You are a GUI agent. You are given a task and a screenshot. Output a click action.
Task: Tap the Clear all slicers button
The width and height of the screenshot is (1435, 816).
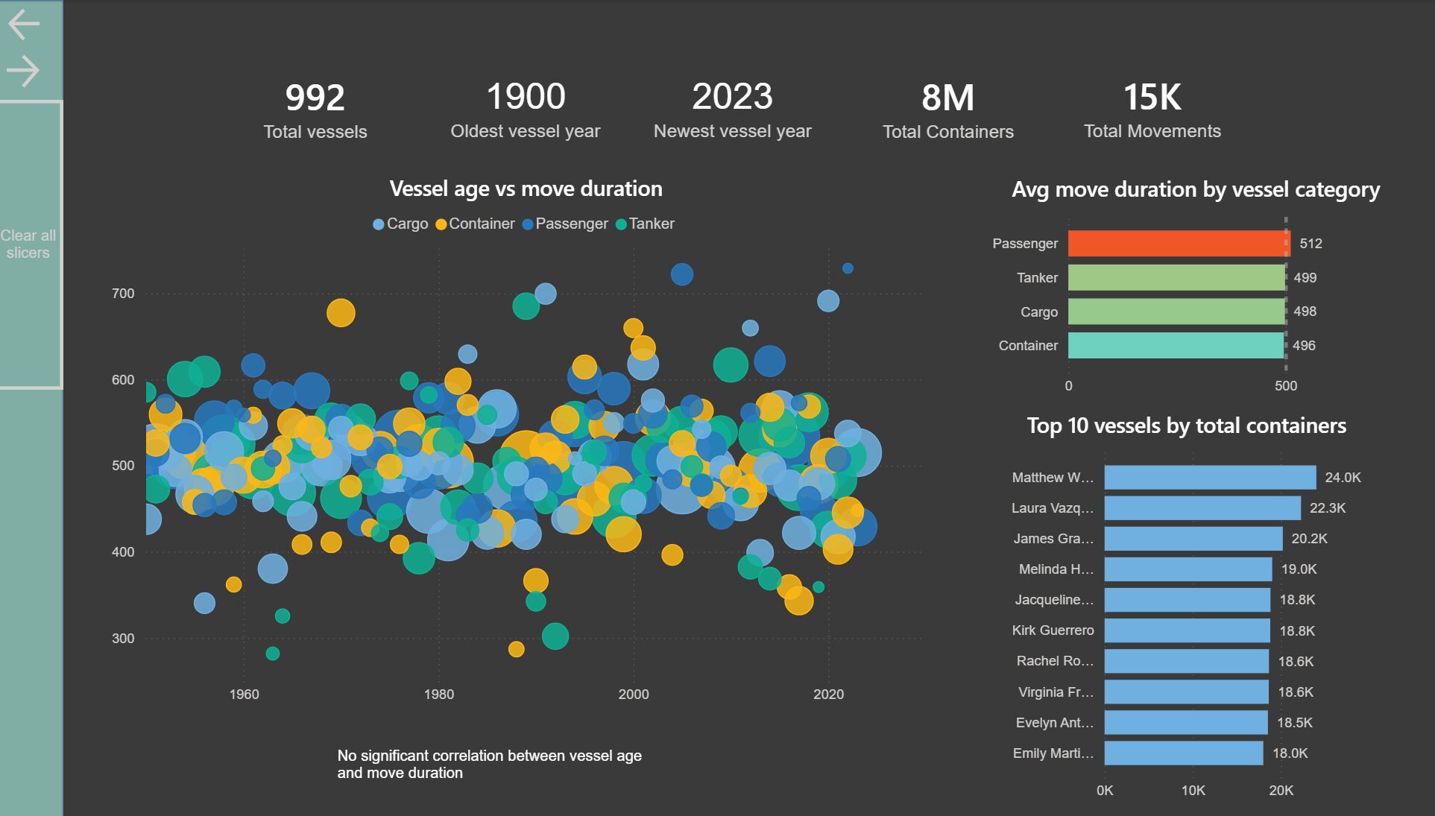coord(28,244)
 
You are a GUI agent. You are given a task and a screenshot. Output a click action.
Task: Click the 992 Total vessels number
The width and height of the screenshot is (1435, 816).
coord(315,98)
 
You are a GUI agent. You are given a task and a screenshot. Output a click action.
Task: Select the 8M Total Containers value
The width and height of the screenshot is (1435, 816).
coord(947,98)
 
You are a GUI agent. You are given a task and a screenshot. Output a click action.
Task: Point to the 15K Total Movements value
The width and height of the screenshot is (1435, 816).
coord(1152,98)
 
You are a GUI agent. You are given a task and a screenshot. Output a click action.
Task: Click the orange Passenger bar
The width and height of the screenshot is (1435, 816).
coord(1178,244)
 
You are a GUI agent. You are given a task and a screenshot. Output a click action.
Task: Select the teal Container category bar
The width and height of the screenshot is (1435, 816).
coord(1176,346)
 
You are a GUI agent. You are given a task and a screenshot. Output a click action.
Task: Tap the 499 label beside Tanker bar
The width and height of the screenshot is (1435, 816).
coord(1305,278)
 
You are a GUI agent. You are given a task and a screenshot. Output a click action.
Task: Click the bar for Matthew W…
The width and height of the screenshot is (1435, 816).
coord(1210,478)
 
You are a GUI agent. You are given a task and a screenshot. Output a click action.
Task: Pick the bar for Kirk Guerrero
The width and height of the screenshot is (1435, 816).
coord(1187,630)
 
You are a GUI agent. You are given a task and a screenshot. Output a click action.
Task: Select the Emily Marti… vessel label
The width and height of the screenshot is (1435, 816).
coord(1053,753)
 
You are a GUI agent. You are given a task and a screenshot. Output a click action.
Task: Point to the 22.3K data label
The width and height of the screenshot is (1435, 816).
coord(1327,508)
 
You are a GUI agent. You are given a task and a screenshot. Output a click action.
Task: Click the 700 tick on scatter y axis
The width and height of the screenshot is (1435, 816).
coord(123,294)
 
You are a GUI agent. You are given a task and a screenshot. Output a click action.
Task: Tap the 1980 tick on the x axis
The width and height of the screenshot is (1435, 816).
coord(438,695)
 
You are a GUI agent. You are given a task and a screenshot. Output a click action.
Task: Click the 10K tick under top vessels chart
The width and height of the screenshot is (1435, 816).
coord(1193,791)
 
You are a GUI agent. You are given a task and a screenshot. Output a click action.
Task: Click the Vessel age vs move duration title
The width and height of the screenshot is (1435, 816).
coord(526,189)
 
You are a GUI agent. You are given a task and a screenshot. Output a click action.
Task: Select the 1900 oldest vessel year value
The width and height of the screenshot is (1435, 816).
coord(526,97)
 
